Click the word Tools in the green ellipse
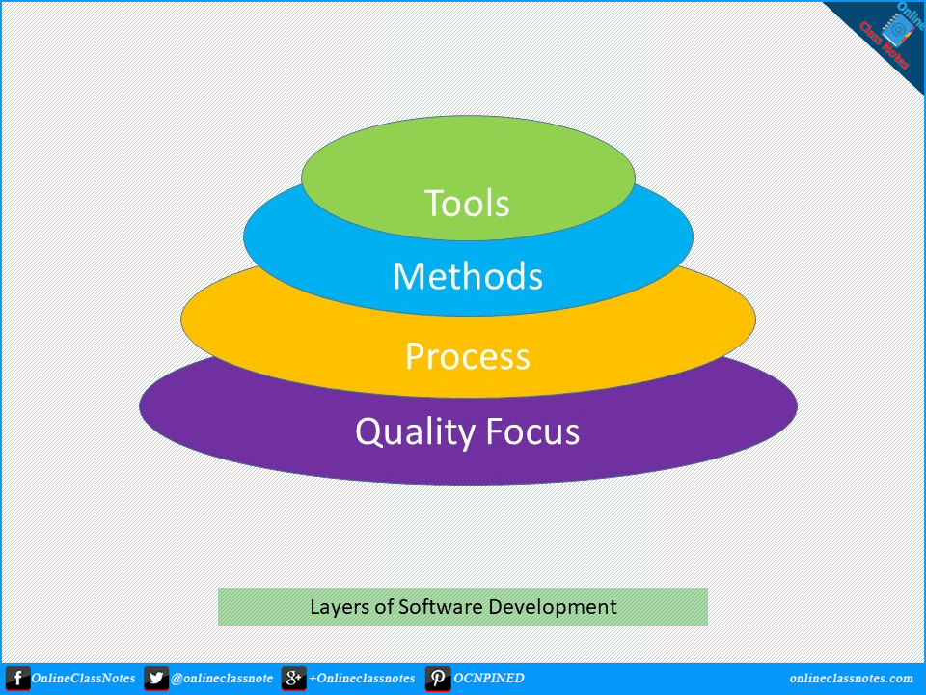pos(467,204)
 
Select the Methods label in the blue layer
pos(468,276)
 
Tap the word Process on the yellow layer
pos(468,356)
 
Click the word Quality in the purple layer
pos(415,432)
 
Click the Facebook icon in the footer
pos(17,679)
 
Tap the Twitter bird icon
pos(156,679)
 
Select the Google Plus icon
pos(293,679)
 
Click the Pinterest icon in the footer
pos(438,679)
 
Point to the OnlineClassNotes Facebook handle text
pos(83,678)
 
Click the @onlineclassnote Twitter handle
pos(222,679)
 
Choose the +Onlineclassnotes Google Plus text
pos(362,678)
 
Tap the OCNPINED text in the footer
pos(488,678)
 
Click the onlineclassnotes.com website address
pos(852,678)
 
